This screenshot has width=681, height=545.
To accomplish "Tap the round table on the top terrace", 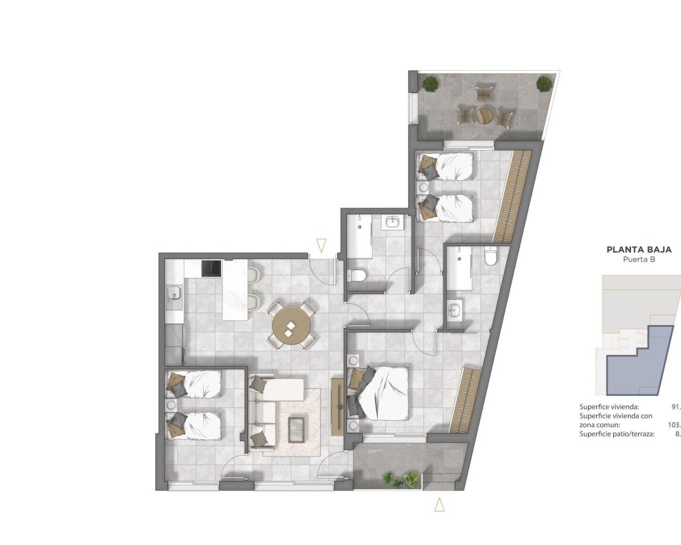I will (x=485, y=114).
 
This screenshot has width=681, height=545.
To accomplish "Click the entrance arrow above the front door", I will (x=320, y=246).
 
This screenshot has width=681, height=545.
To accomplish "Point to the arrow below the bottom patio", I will (x=439, y=504).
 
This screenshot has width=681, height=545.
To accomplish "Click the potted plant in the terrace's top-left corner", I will (x=430, y=83).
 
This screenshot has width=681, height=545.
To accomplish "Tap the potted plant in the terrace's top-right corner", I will (x=544, y=83).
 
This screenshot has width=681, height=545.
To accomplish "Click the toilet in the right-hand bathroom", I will (x=491, y=258).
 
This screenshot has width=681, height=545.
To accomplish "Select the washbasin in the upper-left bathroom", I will (x=393, y=222).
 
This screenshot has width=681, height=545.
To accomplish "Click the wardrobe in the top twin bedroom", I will (x=512, y=196).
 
